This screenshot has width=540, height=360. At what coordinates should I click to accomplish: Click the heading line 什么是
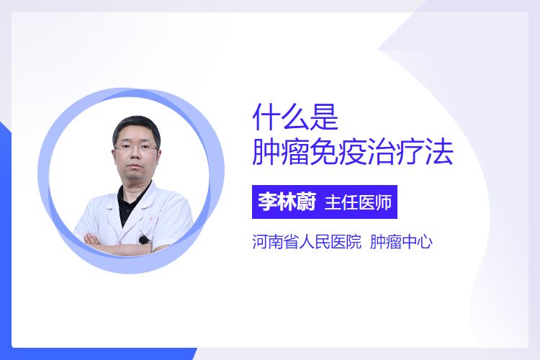pos(295,117)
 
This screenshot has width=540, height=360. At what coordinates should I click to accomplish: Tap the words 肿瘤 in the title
pos(280,152)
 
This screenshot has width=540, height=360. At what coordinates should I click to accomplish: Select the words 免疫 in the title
pos(338,152)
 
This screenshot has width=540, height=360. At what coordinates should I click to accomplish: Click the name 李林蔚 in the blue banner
pos(287,202)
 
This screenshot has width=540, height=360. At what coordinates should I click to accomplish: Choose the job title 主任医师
pos(358,202)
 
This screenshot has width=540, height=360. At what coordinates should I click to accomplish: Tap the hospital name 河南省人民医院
pos(307,241)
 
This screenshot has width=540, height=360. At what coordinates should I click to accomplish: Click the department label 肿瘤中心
pos(401,241)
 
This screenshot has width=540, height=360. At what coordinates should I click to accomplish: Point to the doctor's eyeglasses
pos(137,147)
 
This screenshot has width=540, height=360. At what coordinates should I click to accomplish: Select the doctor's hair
pos(136,128)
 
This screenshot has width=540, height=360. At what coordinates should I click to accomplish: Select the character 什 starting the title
pos(266,117)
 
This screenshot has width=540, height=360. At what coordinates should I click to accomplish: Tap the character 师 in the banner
pos(384,202)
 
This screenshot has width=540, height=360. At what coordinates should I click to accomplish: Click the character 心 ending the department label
pos(425,242)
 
